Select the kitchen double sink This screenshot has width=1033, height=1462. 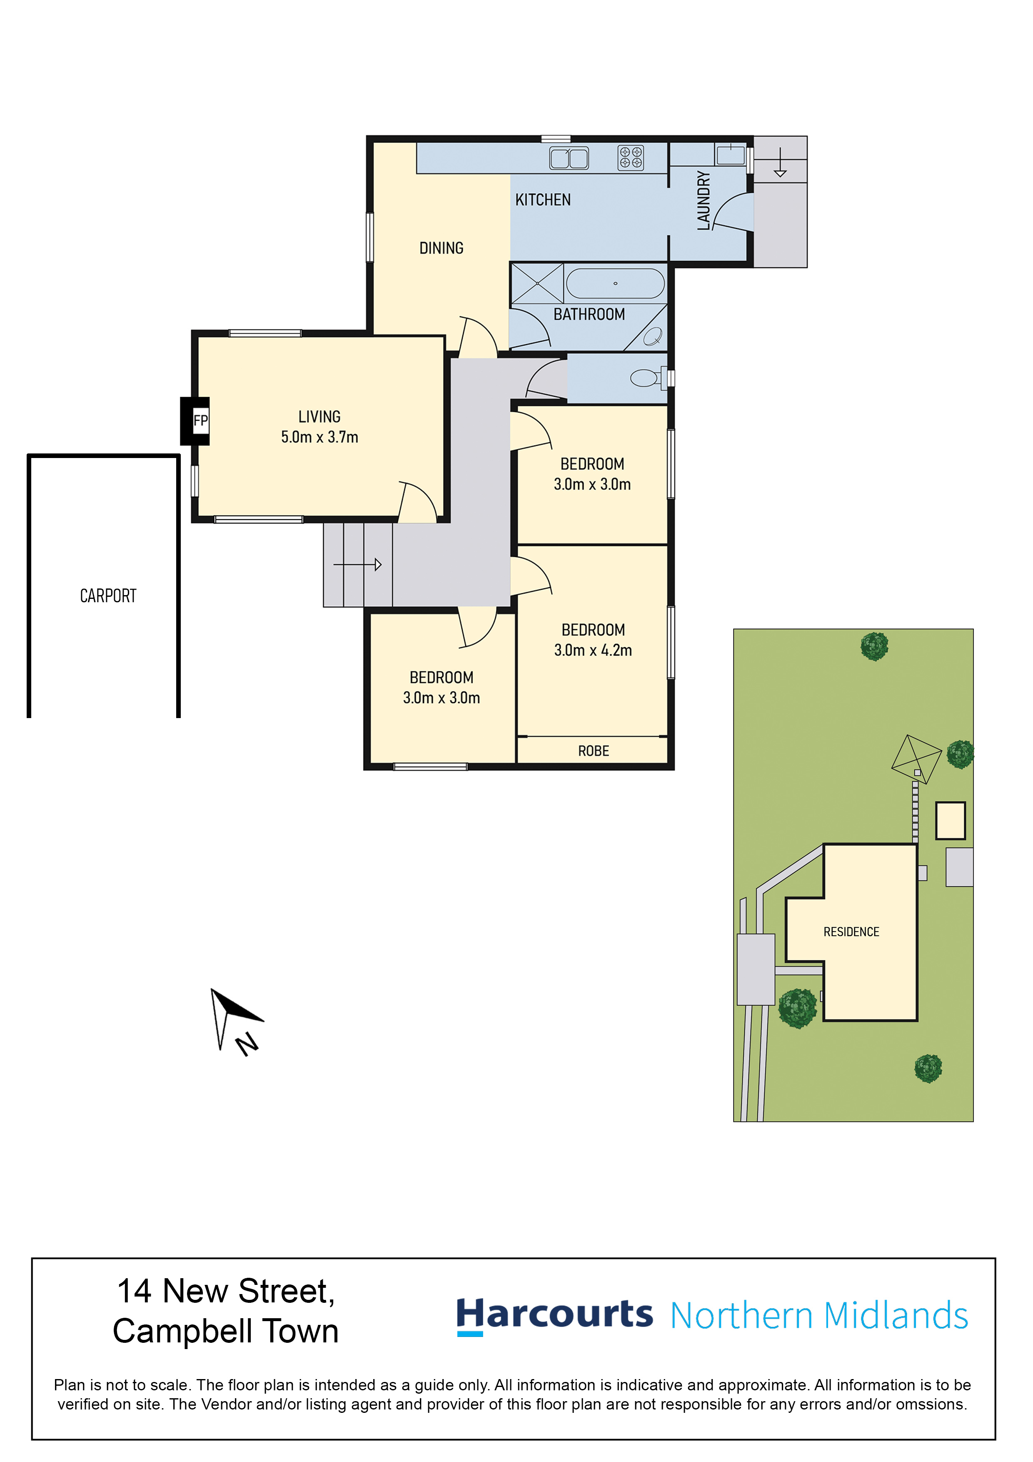[x=569, y=158]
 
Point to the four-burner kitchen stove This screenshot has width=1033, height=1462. [x=631, y=158]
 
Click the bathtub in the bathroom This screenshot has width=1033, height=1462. [x=616, y=283]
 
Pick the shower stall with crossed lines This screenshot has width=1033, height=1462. [x=537, y=283]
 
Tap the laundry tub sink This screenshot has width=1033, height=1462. [x=731, y=155]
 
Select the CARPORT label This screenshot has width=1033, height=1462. [x=108, y=596]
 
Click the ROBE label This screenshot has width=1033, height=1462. [x=594, y=751]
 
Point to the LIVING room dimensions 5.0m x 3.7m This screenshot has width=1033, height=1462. [x=319, y=438]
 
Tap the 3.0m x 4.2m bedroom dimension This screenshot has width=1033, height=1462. [x=593, y=650]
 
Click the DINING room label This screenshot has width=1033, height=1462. [x=441, y=248]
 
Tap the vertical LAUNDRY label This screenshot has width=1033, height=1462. [x=703, y=200]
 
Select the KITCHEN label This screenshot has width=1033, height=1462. [x=543, y=200]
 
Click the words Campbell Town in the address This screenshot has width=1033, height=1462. [x=226, y=1332]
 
